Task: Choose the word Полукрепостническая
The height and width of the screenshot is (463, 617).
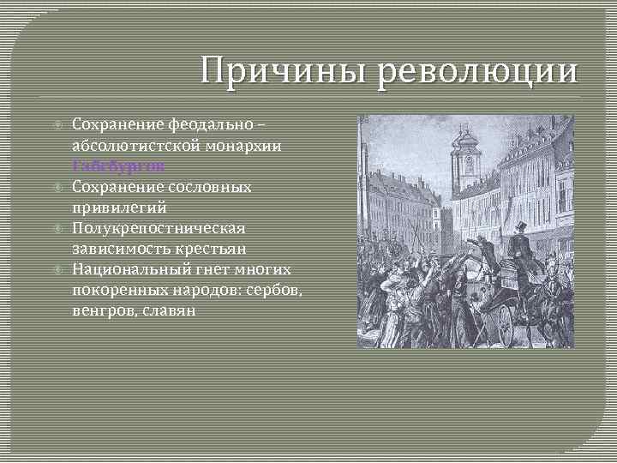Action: click(159, 228)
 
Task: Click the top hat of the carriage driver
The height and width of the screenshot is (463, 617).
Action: click(519, 227)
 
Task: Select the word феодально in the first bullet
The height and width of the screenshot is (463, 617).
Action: click(203, 126)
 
